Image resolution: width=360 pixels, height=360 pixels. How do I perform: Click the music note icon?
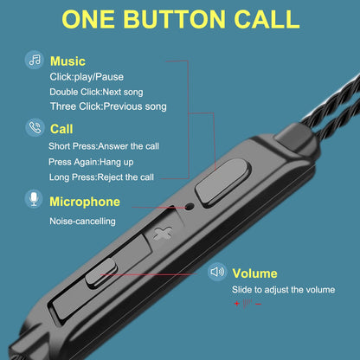[x=35, y=60]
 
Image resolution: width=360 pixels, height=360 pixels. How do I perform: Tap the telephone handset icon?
[x=35, y=127]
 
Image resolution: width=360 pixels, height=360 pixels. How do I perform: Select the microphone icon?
[x=34, y=199]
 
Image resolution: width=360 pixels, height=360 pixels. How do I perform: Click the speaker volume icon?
[x=217, y=272]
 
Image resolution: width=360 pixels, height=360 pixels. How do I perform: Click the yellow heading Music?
[x=67, y=61]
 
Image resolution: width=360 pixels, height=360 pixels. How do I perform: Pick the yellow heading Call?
[x=61, y=129]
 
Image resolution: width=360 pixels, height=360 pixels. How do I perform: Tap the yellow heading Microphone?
[x=85, y=202]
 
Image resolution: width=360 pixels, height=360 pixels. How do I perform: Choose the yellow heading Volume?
[x=254, y=273]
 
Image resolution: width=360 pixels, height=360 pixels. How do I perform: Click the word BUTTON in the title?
[x=174, y=19]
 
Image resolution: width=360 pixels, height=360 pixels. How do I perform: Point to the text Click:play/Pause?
[x=87, y=77]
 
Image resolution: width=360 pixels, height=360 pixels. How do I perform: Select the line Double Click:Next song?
[x=96, y=92]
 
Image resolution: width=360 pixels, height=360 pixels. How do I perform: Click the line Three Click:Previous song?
[x=108, y=106]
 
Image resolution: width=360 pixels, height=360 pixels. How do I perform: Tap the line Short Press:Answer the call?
[x=104, y=146]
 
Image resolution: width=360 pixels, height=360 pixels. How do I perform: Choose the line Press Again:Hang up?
[x=91, y=162]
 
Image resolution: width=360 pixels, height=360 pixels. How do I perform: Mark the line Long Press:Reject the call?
[x=101, y=177]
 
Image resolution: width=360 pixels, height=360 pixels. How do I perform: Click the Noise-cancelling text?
[x=82, y=222]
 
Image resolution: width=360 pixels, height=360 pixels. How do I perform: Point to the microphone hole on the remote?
[x=190, y=206]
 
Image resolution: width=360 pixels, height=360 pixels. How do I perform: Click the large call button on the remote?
[x=222, y=183]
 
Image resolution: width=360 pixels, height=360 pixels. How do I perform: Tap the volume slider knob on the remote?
[x=101, y=273]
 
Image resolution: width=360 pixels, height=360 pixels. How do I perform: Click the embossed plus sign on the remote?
[x=163, y=233]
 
